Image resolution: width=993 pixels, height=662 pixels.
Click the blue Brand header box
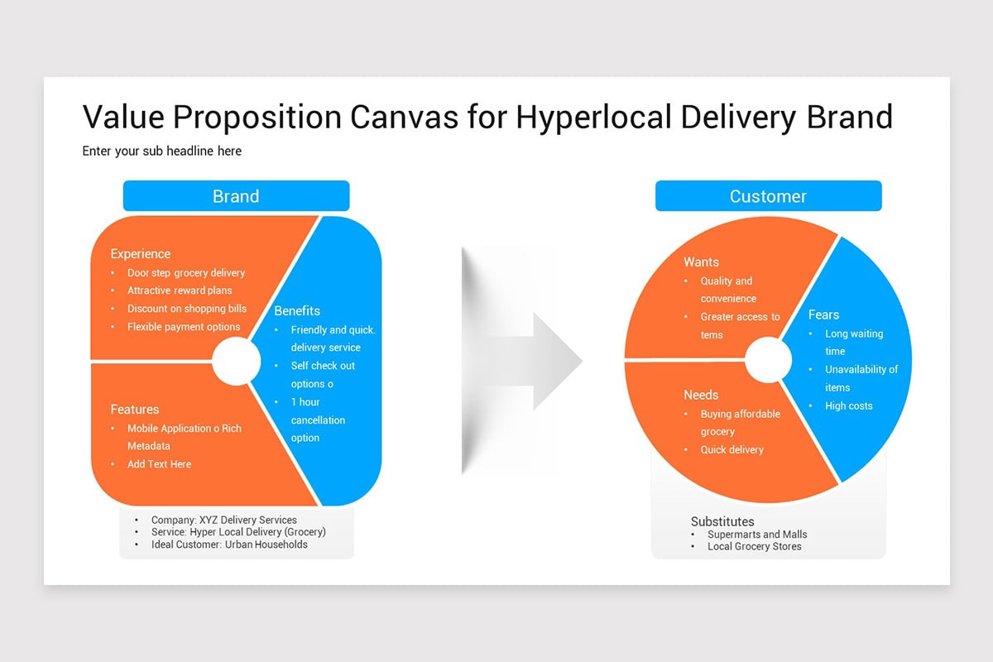(236, 196)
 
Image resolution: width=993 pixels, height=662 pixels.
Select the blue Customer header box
(768, 196)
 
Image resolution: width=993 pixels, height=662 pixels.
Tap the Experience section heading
(141, 254)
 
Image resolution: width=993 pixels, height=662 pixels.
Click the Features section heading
(135, 410)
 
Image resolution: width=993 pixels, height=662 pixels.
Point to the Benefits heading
(297, 311)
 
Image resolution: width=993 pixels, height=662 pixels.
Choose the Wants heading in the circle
(701, 262)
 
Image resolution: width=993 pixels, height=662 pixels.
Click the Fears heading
(823, 315)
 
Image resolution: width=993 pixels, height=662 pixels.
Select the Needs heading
(701, 395)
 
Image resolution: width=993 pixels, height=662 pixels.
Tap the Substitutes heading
(722, 521)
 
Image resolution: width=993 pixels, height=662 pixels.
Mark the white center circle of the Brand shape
(236, 362)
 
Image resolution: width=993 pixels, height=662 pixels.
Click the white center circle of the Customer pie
(768, 360)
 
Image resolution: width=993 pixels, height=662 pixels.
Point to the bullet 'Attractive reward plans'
(180, 290)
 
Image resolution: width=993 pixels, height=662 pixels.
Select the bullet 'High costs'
(848, 405)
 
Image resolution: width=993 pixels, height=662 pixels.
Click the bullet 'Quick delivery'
(732, 449)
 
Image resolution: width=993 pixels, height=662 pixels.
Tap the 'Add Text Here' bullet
(159, 464)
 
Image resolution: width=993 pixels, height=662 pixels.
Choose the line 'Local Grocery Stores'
(754, 546)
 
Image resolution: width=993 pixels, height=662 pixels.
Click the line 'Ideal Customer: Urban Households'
(229, 544)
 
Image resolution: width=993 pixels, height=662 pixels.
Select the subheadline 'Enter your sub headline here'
(162, 151)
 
